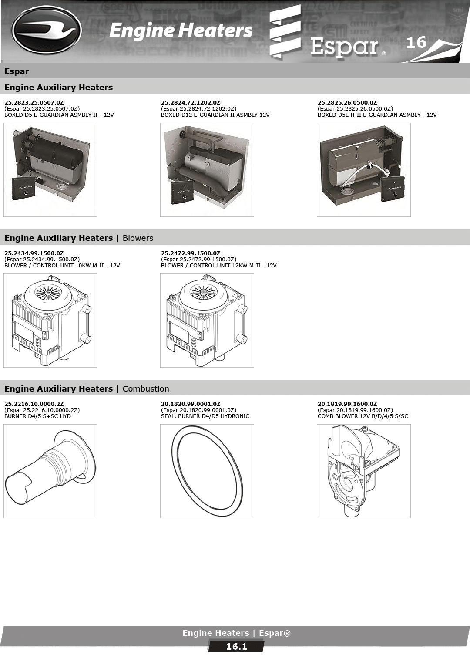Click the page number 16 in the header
pos(416,42)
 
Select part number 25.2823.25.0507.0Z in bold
pos(34,103)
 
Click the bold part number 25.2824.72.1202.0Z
pos(191,103)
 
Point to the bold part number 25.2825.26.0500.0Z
pos(347,103)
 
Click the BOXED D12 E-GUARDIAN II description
pos(215,115)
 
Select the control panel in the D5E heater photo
pos(393,189)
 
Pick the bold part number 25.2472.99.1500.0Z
pos(191,253)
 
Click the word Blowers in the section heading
pos(138,238)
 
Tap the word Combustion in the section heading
pos(146,388)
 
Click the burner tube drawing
pos(50,471)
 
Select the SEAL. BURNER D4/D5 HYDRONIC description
pos(205,416)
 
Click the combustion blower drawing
pos(363,471)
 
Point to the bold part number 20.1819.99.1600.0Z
pos(347,404)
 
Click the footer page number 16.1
pos(237,647)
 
